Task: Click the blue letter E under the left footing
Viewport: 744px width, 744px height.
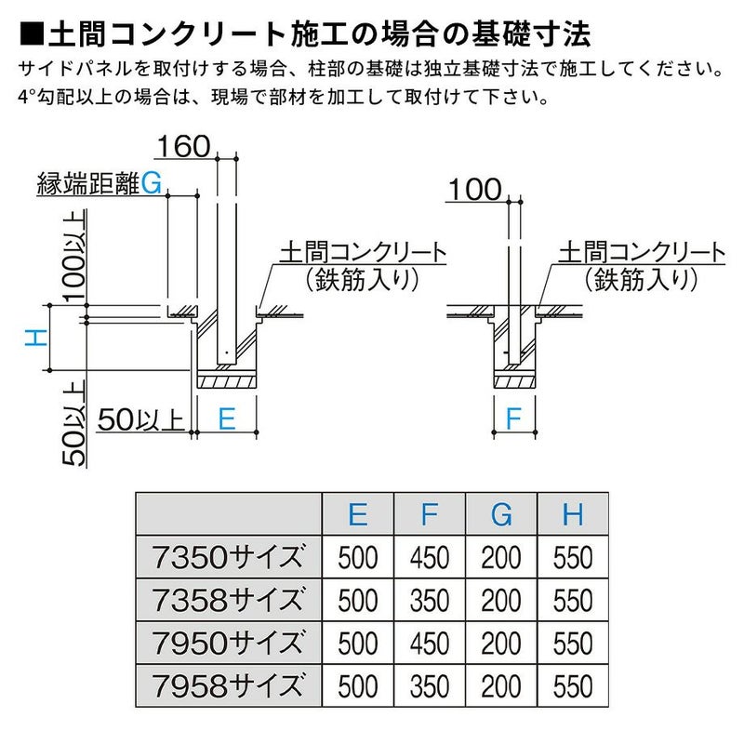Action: tap(224, 419)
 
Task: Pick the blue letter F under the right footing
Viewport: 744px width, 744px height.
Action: tap(512, 419)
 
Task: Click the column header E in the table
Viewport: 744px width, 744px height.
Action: tap(358, 513)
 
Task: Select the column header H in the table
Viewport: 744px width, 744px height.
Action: tap(573, 513)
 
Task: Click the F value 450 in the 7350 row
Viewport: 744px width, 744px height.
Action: tap(430, 557)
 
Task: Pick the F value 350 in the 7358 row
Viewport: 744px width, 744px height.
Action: tap(430, 600)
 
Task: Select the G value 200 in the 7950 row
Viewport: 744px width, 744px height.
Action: tap(501, 644)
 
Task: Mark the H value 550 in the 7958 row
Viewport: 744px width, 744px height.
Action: tap(573, 686)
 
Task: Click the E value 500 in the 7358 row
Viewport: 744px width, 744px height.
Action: tap(358, 600)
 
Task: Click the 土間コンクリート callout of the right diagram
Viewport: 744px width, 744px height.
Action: tap(642, 251)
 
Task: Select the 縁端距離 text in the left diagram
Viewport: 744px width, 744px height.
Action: tap(87, 184)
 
